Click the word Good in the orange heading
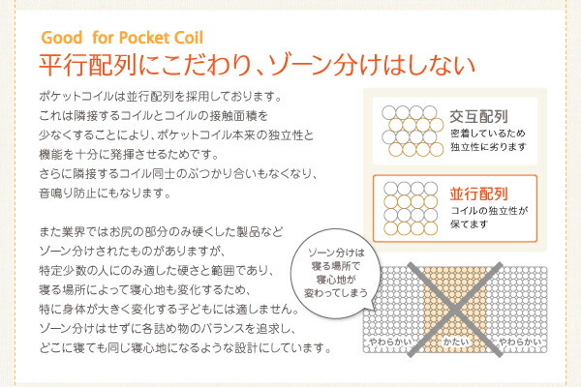tap(62, 38)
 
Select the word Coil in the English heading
tap(189, 38)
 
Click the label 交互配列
tap(478, 117)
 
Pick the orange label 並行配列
tap(478, 194)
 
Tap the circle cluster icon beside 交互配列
tap(413, 131)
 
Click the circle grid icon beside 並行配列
tap(411, 208)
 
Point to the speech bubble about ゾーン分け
tap(335, 273)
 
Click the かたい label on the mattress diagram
tap(455, 342)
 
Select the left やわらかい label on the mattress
tap(390, 342)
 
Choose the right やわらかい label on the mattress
tap(521, 342)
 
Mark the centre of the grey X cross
tap(455, 310)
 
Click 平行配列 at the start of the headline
tap(88, 66)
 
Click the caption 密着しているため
tap(488, 134)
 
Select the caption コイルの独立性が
tap(489, 211)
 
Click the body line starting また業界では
tap(161, 232)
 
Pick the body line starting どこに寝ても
tap(185, 348)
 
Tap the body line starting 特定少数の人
tap(156, 271)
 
